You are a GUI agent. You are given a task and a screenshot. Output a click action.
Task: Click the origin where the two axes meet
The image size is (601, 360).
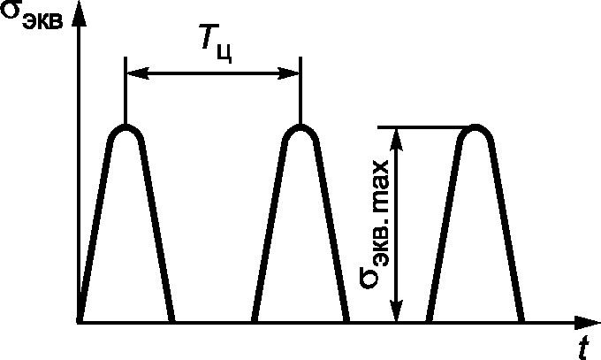pyautogui.click(x=80, y=321)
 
